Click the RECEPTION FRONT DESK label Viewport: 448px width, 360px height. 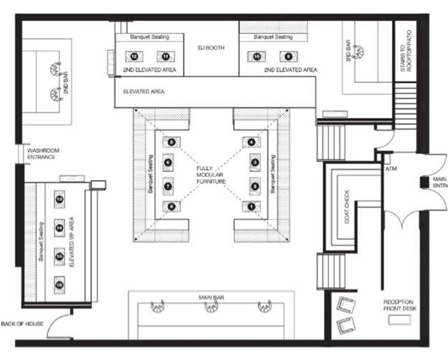399,305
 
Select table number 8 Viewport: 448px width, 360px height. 171,207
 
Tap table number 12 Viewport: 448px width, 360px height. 134,56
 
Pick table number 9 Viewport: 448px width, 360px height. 289,56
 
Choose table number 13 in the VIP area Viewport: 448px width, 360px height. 59,199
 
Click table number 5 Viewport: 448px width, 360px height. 171,142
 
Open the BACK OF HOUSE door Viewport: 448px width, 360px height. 58,326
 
